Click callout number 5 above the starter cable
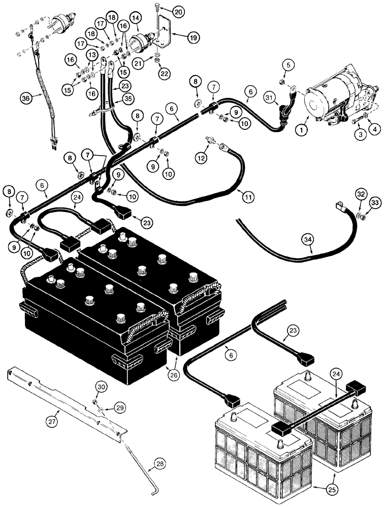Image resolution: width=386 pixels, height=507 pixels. (289, 64)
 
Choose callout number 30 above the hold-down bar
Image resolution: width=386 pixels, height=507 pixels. (100, 387)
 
